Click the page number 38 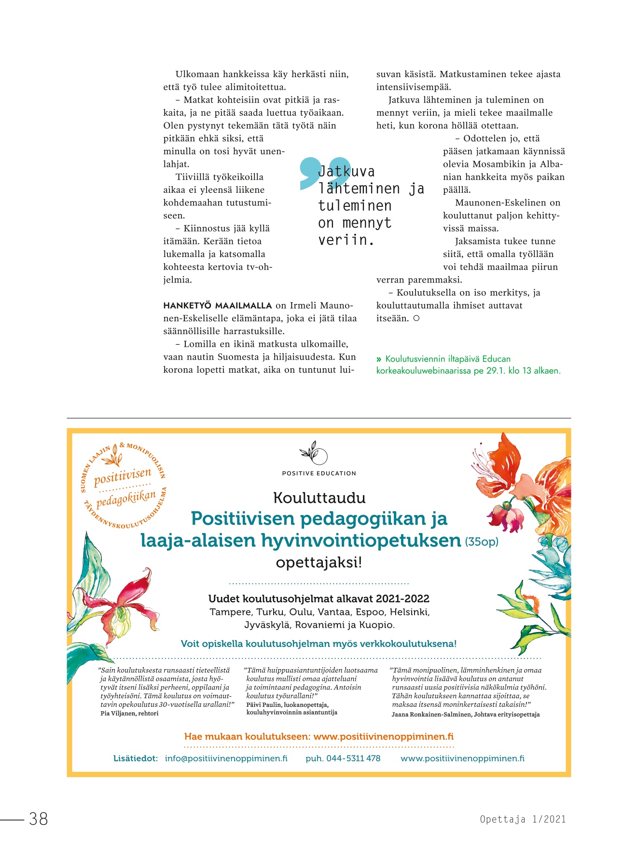(39, 819)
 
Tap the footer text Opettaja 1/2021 (523, 819)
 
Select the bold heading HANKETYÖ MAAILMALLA (218, 306)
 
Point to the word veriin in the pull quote (346, 240)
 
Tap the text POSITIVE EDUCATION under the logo (319, 473)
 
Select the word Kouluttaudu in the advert (319, 498)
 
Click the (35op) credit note (481, 542)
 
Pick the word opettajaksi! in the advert (319, 563)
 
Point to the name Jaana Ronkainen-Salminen (432, 715)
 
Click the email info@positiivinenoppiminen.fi (226, 758)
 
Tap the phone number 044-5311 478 (353, 758)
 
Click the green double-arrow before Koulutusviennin (379, 359)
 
